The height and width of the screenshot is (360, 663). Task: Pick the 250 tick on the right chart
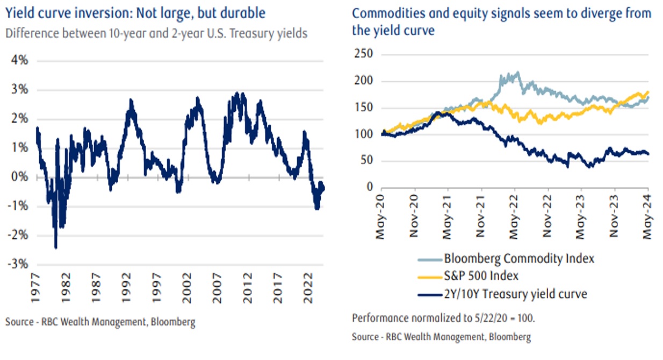pyautogui.click(x=364, y=55)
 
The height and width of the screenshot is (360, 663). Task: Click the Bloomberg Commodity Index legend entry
pyautogui.click(x=518, y=258)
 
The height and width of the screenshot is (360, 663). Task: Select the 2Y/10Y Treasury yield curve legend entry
pyautogui.click(x=515, y=294)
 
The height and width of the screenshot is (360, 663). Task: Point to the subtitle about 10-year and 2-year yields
pyautogui.click(x=156, y=33)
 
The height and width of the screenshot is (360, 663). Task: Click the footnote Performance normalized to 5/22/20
pyautogui.click(x=444, y=318)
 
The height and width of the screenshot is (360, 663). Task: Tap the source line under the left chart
pyautogui.click(x=100, y=322)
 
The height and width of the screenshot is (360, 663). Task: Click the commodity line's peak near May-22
pyautogui.click(x=517, y=72)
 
